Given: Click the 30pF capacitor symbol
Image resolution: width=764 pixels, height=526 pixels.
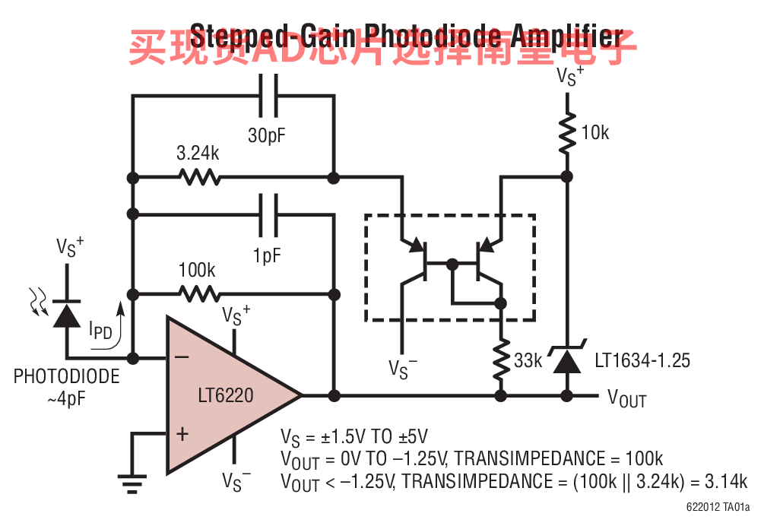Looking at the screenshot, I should click(x=268, y=96).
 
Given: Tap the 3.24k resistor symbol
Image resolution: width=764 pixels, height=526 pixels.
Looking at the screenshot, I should click(x=200, y=178).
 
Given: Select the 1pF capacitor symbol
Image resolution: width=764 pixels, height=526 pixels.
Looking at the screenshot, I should click(x=268, y=215).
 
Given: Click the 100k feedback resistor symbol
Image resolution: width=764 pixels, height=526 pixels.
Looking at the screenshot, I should click(x=200, y=293).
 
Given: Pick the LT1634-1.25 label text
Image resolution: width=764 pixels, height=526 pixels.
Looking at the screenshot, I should click(x=642, y=360).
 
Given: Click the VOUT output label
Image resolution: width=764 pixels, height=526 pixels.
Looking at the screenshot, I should click(x=627, y=398).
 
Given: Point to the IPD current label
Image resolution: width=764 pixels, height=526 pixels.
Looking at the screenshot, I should click(x=101, y=330).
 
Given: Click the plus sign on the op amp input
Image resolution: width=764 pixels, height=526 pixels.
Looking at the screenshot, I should click(x=182, y=434).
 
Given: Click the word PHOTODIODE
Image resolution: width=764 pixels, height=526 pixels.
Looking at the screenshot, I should click(x=67, y=376).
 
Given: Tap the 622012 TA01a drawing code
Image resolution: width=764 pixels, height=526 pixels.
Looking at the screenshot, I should click(x=717, y=507).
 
